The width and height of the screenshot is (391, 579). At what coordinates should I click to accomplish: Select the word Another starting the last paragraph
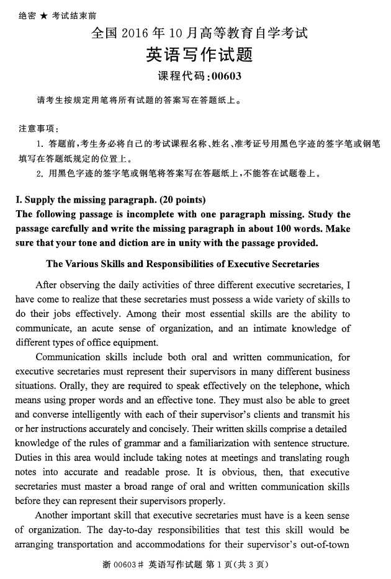(x=55, y=515)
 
